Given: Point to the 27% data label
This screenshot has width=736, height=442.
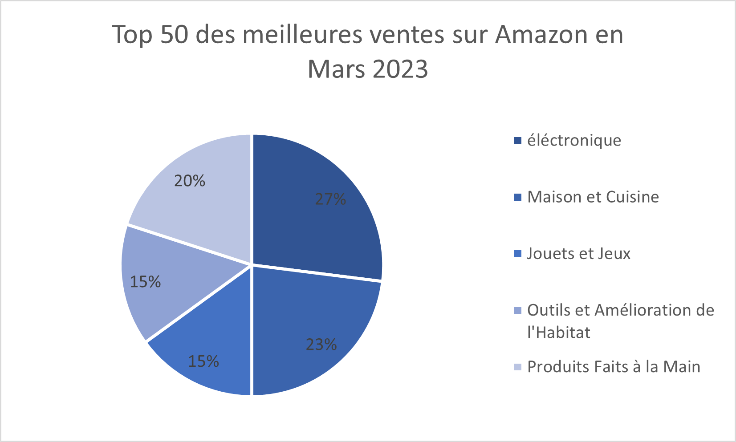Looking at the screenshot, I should coord(330,199).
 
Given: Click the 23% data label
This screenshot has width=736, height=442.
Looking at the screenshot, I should coord(321,345).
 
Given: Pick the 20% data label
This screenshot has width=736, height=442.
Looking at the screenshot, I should coord(190,181).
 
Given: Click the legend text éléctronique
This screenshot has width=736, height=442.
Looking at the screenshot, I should coord(574,141).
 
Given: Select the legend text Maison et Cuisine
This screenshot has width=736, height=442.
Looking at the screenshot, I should coord(593,197).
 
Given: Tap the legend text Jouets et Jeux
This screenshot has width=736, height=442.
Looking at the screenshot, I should coord(579,254).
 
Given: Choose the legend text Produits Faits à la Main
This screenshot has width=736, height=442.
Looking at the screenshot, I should coord(614,367).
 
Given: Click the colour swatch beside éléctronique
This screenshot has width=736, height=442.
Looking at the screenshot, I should coord(517,141).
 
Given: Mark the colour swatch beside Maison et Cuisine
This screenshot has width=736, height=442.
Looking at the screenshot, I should coord(517,198).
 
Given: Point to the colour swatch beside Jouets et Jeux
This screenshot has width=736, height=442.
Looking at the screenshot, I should coord(517,254).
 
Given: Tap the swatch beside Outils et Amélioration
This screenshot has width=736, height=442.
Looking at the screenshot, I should coord(517,311).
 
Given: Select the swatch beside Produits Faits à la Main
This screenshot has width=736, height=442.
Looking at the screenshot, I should coord(517,367).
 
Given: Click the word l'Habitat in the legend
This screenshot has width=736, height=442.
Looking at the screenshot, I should coord(559,333).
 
